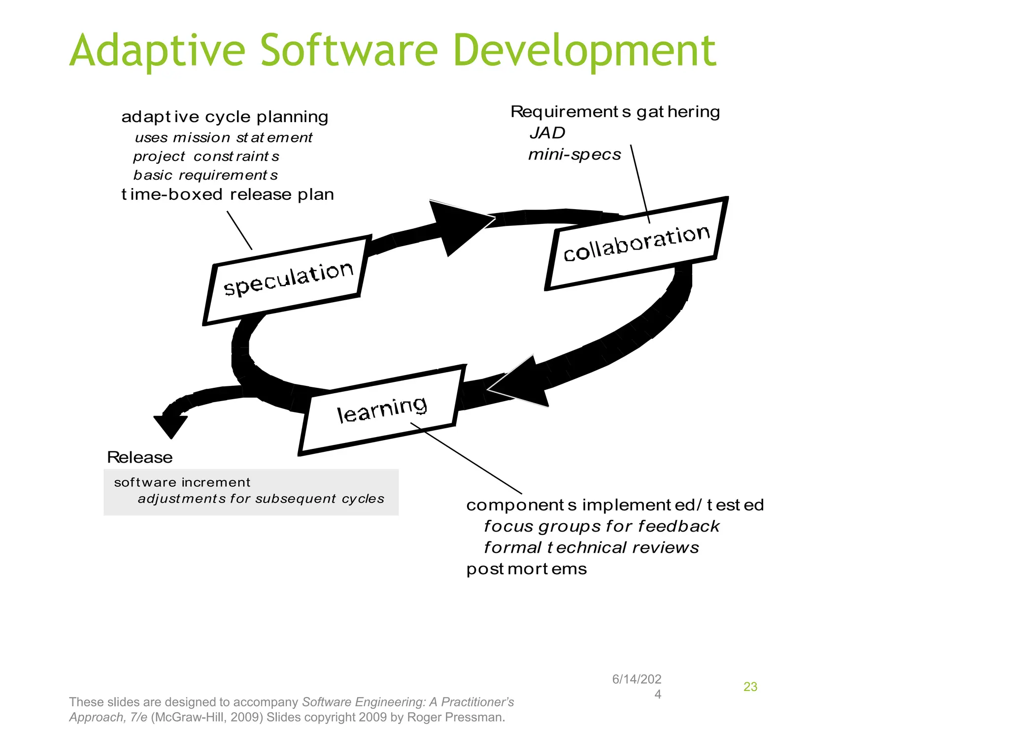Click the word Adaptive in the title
157,51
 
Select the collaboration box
636,243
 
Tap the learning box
382,409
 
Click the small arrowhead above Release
170,424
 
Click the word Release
139,458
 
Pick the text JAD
547,133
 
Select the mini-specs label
574,155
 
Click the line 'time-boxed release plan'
228,194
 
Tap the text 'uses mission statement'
223,137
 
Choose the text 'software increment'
182,482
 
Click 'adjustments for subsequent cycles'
261,499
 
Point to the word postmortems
526,569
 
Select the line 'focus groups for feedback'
601,526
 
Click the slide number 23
750,687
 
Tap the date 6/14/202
637,679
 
